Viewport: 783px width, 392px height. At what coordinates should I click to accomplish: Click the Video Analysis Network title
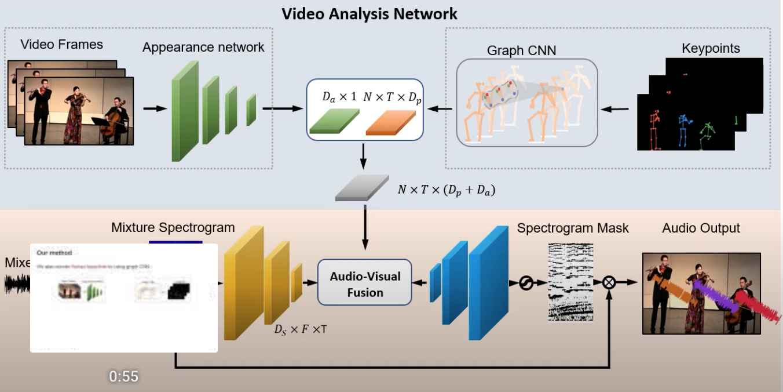369,13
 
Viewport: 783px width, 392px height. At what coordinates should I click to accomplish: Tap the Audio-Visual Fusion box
364,284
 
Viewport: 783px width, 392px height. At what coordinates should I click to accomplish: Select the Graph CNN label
521,50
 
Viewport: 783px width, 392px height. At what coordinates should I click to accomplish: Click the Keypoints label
711,48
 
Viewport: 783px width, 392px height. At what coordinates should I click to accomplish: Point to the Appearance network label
203,48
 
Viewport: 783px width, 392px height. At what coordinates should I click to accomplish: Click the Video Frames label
61,44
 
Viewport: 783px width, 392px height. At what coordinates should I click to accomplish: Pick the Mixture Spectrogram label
173,227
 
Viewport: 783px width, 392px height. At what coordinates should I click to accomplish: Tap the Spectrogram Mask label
573,228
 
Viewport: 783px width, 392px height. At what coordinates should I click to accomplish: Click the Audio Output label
701,228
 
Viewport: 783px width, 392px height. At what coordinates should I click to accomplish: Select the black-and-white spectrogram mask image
570,282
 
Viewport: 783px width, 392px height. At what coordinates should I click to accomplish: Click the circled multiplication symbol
609,282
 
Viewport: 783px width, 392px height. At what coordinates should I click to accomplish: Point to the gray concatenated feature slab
362,188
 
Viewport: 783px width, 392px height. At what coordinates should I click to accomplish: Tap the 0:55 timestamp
124,376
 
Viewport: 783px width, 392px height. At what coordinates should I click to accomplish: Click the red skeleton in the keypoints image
654,131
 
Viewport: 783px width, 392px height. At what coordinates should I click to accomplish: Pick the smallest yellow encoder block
296,282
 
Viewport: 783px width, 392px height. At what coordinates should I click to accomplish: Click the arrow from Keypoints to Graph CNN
619,108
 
